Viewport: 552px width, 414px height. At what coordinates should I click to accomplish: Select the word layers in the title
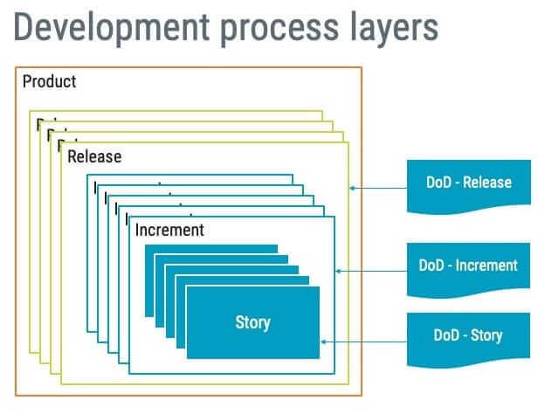pos(390,28)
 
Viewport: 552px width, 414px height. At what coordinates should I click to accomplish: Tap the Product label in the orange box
pos(49,82)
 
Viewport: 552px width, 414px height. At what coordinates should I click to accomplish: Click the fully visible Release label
pos(94,157)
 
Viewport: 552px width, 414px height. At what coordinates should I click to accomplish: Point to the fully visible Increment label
pos(169,231)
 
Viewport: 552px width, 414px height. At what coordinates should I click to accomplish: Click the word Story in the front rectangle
pos(252,322)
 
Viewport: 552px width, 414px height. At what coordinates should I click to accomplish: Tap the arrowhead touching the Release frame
pos(352,186)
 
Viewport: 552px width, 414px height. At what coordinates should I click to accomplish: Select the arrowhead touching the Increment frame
pos(339,271)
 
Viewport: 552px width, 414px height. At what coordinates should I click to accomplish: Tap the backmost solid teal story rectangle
pos(210,249)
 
